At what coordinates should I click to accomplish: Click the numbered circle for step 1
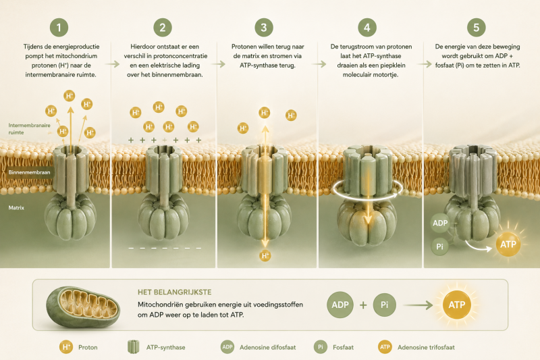click(x=59, y=28)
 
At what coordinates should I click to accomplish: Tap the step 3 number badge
click(x=264, y=28)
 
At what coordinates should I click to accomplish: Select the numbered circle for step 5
click(x=477, y=28)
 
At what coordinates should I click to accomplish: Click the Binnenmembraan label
click(x=29, y=172)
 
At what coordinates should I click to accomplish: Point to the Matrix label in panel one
click(x=16, y=208)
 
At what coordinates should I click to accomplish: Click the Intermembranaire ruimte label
click(x=29, y=129)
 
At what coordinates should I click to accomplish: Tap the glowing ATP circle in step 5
click(x=508, y=245)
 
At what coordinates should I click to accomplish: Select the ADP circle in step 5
click(x=440, y=223)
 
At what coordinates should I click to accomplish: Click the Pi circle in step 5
click(x=440, y=247)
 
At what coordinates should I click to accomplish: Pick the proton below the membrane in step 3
click(x=265, y=255)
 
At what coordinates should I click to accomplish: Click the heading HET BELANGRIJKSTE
click(x=175, y=292)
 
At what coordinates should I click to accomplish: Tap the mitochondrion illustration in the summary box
click(x=83, y=307)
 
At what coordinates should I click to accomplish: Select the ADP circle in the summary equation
click(x=340, y=305)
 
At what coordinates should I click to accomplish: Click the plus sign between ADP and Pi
click(x=363, y=305)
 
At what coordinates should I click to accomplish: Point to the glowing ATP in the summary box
click(x=457, y=305)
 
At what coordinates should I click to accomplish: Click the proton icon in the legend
click(x=65, y=347)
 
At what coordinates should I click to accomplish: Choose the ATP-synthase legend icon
click(x=133, y=346)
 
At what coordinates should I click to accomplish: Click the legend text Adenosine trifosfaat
click(x=426, y=347)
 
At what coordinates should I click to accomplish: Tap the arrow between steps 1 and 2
click(x=112, y=64)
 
